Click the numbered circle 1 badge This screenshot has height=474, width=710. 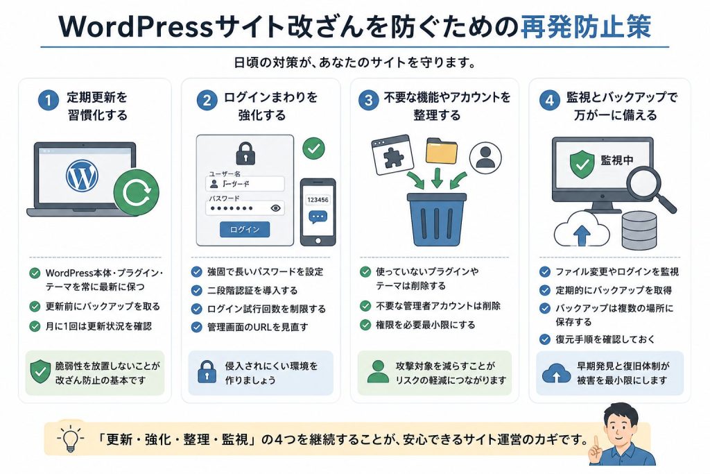tap(49, 100)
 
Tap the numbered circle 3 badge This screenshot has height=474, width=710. tap(369, 100)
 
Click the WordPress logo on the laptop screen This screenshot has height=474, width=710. tap(82, 175)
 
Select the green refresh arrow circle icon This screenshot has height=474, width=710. tap(137, 192)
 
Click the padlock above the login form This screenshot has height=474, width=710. tap(245, 153)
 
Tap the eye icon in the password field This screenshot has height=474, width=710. tap(275, 208)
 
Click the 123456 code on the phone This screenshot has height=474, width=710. tap(318, 200)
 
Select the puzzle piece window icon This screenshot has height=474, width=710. tap(392, 155)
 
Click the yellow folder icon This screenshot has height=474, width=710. tap(442, 151)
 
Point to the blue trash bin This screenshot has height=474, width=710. tap(437, 219)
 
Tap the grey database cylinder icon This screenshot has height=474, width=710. tap(639, 230)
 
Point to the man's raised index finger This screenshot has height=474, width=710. tap(596, 442)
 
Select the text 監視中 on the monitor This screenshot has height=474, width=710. tap(616, 160)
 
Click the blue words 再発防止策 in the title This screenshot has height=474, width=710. tap(585, 26)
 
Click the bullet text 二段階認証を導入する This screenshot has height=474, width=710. tap(252, 291)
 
